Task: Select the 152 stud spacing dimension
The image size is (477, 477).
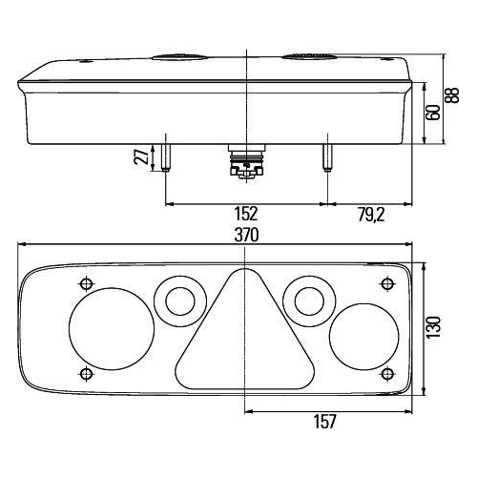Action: pos(246,215)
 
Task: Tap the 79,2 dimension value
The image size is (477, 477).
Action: pos(373,215)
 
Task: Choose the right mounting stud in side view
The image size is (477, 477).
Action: pos(327,156)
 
